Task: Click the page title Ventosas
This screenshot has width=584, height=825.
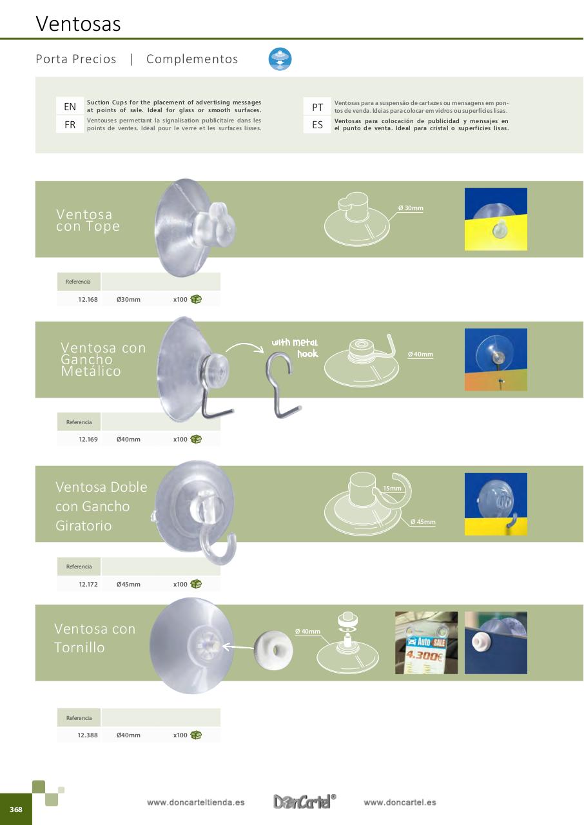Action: point(78,24)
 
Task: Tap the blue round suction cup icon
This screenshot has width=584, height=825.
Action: point(280,59)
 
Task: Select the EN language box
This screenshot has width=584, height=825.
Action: point(70,106)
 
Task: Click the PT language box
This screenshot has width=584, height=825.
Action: point(317,107)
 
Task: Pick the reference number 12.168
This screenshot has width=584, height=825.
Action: point(88,300)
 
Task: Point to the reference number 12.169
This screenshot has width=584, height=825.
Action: point(88,440)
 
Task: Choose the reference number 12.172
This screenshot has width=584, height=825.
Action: point(88,584)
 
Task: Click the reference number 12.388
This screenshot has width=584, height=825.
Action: point(88,735)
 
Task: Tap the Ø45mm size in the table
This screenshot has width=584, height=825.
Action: point(128,584)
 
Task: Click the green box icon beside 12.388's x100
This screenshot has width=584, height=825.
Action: point(196,735)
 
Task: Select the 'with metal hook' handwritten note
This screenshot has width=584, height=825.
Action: point(295,347)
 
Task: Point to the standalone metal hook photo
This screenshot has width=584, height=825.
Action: point(283,385)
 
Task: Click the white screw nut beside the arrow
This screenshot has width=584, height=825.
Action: point(273,650)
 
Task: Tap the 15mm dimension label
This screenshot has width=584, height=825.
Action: point(392,489)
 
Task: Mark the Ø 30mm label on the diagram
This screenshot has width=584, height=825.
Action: point(411,208)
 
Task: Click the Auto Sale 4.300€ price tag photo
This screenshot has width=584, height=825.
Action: point(427,643)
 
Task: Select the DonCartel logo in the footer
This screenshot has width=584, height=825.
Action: point(304,801)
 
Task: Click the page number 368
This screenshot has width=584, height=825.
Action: point(16,809)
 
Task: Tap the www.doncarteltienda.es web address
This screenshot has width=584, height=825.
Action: point(195,802)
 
